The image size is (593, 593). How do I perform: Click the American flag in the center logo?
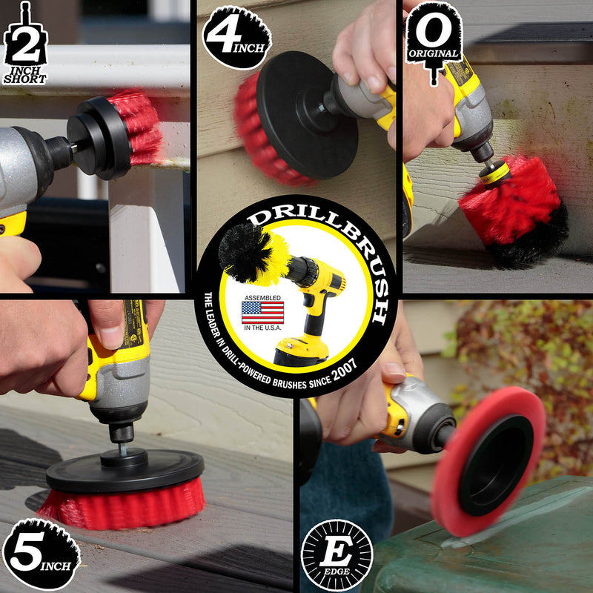[262, 312]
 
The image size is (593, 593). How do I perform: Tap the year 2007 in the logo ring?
[344, 369]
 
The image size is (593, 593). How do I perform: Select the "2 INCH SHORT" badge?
[25, 44]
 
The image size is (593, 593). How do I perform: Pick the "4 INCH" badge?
[236, 38]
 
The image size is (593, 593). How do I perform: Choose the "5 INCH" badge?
[42, 553]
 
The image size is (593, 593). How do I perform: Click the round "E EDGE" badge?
[337, 554]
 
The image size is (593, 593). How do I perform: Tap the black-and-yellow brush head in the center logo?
[254, 254]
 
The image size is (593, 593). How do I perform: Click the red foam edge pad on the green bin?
[488, 460]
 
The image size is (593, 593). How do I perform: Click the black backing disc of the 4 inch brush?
[306, 116]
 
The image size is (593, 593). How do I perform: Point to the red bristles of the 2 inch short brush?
[137, 127]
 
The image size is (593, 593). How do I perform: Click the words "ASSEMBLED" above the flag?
[262, 298]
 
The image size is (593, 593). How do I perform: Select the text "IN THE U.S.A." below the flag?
[262, 328]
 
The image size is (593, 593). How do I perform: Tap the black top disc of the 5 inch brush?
[125, 470]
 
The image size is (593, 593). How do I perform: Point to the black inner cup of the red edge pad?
[495, 466]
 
